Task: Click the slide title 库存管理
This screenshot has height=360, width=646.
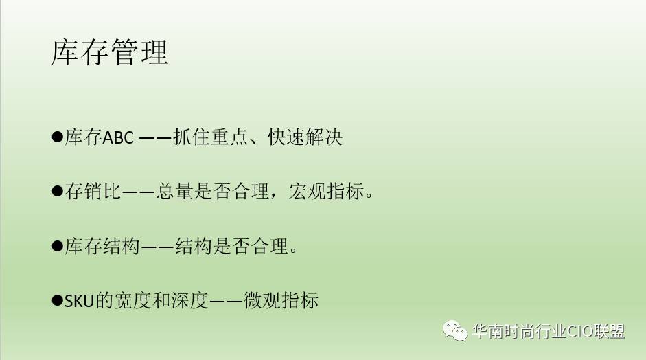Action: pyautogui.click(x=110, y=52)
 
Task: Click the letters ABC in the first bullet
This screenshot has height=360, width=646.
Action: pyautogui.click(x=118, y=137)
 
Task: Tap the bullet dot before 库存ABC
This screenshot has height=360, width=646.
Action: pyautogui.click(x=57, y=137)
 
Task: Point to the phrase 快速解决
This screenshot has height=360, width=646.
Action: pyautogui.click(x=305, y=137)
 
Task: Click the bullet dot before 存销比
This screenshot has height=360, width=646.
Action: pyautogui.click(x=57, y=191)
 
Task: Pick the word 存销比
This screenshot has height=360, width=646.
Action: pyautogui.click(x=93, y=192)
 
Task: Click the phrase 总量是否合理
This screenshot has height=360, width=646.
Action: pyautogui.click(x=213, y=192)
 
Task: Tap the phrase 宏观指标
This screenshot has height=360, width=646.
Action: pyautogui.click(x=326, y=192)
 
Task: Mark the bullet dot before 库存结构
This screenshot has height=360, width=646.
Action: pyautogui.click(x=57, y=246)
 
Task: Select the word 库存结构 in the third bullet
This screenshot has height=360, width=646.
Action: pyautogui.click(x=102, y=246)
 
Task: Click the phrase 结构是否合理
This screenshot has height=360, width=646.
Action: pyautogui.click(x=231, y=246)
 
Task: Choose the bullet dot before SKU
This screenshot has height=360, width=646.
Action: pyautogui.click(x=57, y=300)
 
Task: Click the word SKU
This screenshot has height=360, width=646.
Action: pyautogui.click(x=80, y=301)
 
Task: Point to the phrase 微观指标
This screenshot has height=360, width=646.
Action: pyautogui.click(x=281, y=300)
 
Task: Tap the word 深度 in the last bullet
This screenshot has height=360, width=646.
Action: pyautogui.click(x=190, y=300)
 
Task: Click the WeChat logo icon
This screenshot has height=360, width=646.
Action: pyautogui.click(x=455, y=330)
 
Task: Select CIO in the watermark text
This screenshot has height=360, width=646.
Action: pyautogui.click(x=581, y=331)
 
